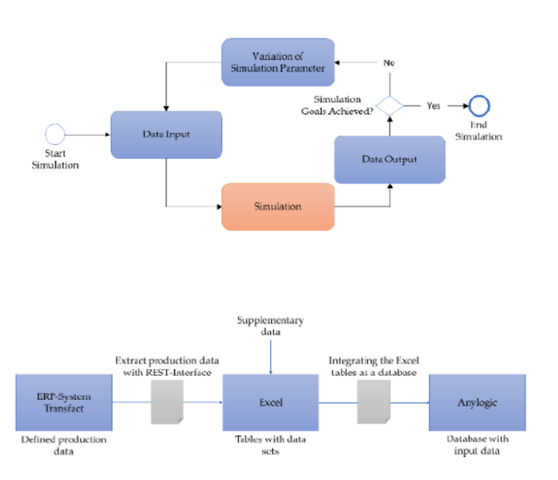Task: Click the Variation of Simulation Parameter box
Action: pyautogui.click(x=278, y=62)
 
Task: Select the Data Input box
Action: pyautogui.click(x=166, y=134)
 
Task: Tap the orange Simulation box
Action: pyautogui.click(x=278, y=206)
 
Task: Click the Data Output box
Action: pyautogui.click(x=389, y=159)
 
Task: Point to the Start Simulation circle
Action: pyautogui.click(x=55, y=134)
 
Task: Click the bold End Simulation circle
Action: pyautogui.click(x=479, y=106)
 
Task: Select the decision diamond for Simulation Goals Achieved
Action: pyautogui.click(x=389, y=106)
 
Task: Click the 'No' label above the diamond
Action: pyautogui.click(x=389, y=63)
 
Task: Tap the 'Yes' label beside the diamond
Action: pyautogui.click(x=433, y=106)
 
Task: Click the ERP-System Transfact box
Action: pyautogui.click(x=64, y=402)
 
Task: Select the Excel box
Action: pyautogui.click(x=270, y=402)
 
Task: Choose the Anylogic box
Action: pyautogui.click(x=477, y=402)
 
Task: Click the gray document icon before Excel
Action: pyautogui.click(x=167, y=402)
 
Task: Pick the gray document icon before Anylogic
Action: pyautogui.click(x=373, y=402)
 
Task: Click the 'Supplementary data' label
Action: pyautogui.click(x=270, y=326)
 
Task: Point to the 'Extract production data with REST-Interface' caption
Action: pyautogui.click(x=167, y=366)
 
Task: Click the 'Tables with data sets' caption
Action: pyautogui.click(x=270, y=445)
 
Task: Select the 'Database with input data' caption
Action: pyautogui.click(x=477, y=445)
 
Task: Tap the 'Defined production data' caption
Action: pyautogui.click(x=64, y=445)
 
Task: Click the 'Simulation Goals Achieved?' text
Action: pyautogui.click(x=337, y=105)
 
